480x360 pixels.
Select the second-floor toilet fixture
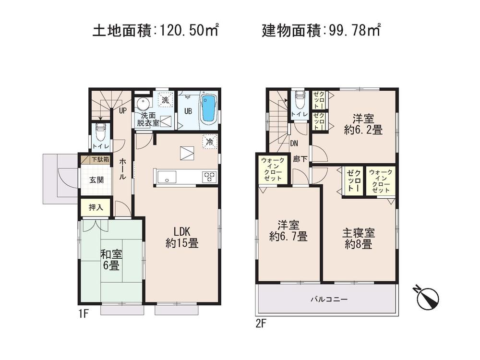tap(300, 100)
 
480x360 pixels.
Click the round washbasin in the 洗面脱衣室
tap(143, 104)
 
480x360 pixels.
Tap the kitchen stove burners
tap(209, 176)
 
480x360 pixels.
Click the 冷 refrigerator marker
tap(209, 142)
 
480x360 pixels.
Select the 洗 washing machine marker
tap(165, 101)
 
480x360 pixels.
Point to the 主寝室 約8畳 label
tap(358, 238)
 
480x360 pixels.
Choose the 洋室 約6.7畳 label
tap(288, 230)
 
